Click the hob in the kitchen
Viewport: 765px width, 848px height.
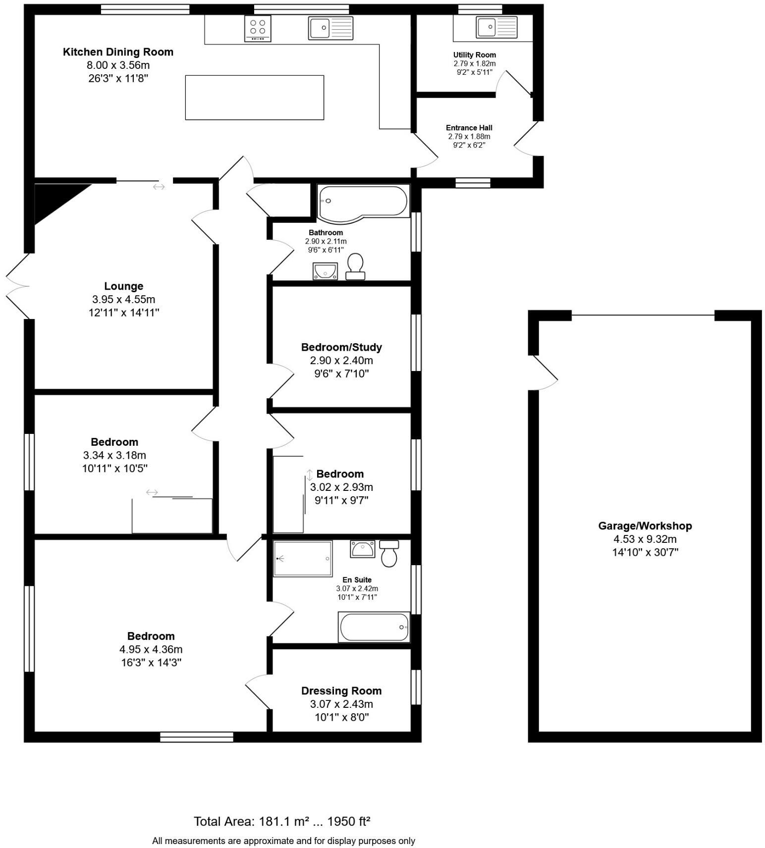pos(258,28)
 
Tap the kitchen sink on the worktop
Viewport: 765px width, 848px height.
pos(330,28)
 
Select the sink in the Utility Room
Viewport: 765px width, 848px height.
pos(496,27)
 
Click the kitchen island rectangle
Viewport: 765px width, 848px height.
pos(254,98)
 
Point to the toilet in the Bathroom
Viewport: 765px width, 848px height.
pos(355,266)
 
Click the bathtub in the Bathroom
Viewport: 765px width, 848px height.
pos(363,202)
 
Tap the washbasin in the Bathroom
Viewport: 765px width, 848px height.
pos(325,271)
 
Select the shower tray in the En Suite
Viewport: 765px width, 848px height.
pos(303,558)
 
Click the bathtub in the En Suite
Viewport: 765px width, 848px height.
pos(374,627)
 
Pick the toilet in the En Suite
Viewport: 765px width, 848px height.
pos(389,553)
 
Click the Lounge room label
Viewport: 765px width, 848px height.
pos(124,286)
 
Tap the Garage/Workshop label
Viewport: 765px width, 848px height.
pos(645,526)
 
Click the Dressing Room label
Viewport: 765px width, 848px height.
pos(341,690)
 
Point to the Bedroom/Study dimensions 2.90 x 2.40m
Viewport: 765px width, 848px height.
pos(341,361)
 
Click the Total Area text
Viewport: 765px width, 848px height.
pos(282,821)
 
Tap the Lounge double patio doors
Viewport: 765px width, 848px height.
pos(17,286)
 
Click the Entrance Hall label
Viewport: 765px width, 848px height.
pos(469,128)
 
